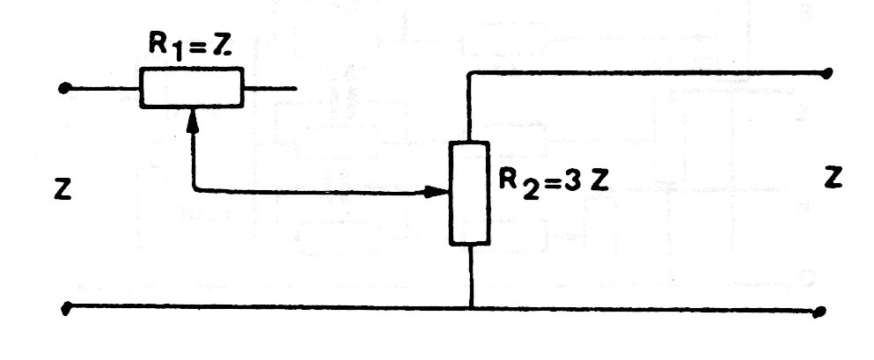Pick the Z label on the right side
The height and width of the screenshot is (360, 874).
click(x=834, y=179)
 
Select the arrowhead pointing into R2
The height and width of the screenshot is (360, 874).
click(x=437, y=192)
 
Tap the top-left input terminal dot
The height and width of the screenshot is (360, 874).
click(x=64, y=88)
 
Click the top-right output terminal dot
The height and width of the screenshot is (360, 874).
click(x=827, y=72)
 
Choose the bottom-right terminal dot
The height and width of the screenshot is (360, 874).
click(x=818, y=311)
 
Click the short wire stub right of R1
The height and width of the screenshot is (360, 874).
click(x=270, y=88)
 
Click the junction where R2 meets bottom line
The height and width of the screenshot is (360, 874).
click(x=471, y=307)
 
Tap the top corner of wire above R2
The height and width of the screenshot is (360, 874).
click(x=470, y=73)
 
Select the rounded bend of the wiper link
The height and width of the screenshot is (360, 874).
click(x=195, y=189)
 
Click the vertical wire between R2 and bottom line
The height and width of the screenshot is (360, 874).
click(x=471, y=276)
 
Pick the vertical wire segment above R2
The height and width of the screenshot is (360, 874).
click(x=469, y=107)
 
